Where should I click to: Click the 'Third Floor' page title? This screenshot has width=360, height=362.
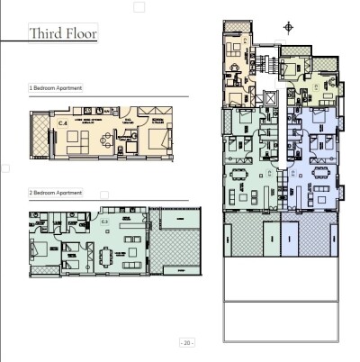(x=63, y=34)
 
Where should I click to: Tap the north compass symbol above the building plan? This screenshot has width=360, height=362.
(x=288, y=27)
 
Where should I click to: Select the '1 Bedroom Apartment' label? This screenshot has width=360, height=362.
(x=56, y=88)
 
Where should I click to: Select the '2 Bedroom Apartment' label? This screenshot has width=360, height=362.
(x=56, y=193)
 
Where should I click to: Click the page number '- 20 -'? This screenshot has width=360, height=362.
(x=187, y=343)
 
